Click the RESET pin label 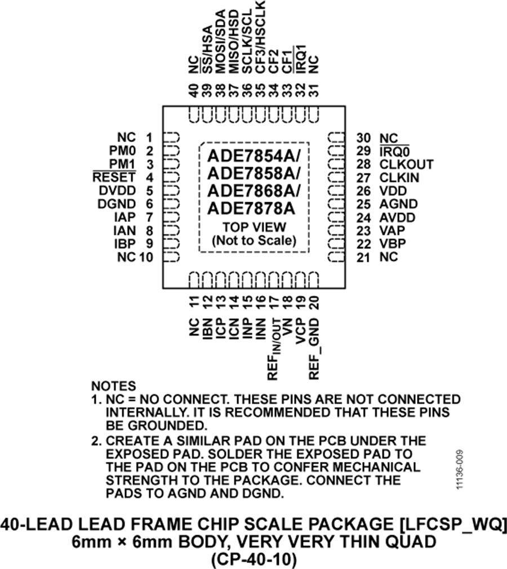[x=114, y=177]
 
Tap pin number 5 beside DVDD [x=149, y=190]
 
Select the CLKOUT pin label [x=407, y=165]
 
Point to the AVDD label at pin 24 [x=397, y=217]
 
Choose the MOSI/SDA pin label [x=221, y=41]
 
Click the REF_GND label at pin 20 [x=314, y=349]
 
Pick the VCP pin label [x=300, y=331]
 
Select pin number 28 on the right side [x=364, y=165]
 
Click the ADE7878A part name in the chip [x=251, y=208]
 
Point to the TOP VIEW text [x=254, y=227]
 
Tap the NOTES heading [x=114, y=386]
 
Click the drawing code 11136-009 [x=460, y=470]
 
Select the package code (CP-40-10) [x=253, y=559]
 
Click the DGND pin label [x=117, y=204]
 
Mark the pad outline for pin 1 [x=171, y=137]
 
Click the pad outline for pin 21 [x=336, y=257]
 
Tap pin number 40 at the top [x=194, y=90]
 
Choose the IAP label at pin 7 [x=125, y=217]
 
